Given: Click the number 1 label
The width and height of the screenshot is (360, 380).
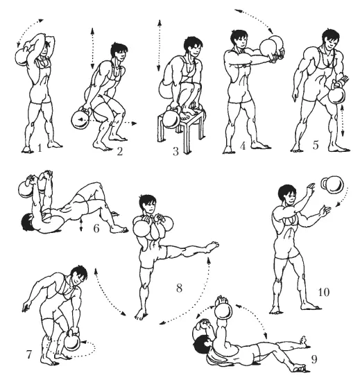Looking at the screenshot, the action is click(x=40, y=148).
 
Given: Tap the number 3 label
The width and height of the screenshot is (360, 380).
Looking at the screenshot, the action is click(x=175, y=151).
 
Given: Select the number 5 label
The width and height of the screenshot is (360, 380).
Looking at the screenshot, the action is click(x=315, y=145).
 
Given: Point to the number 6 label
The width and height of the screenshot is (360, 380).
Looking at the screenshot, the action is click(x=96, y=228).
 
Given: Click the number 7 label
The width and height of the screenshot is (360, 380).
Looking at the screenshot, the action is click(x=29, y=354).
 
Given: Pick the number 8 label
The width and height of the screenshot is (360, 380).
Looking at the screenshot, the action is click(x=179, y=288).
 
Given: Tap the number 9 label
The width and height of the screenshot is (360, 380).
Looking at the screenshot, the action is click(x=314, y=359).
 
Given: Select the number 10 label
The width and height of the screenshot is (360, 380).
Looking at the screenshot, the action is click(x=324, y=292).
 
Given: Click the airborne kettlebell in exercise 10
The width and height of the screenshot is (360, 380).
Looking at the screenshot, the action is click(x=332, y=184).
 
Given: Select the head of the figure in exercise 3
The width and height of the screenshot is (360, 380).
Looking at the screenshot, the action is click(x=193, y=46).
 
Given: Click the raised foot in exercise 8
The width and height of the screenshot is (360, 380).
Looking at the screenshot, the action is click(x=212, y=247).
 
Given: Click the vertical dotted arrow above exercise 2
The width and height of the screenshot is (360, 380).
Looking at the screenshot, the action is click(x=92, y=49).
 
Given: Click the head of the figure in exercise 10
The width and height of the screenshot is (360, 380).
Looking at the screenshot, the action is click(x=288, y=194).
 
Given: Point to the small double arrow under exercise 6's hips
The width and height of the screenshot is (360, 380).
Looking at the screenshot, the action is click(x=81, y=225).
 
